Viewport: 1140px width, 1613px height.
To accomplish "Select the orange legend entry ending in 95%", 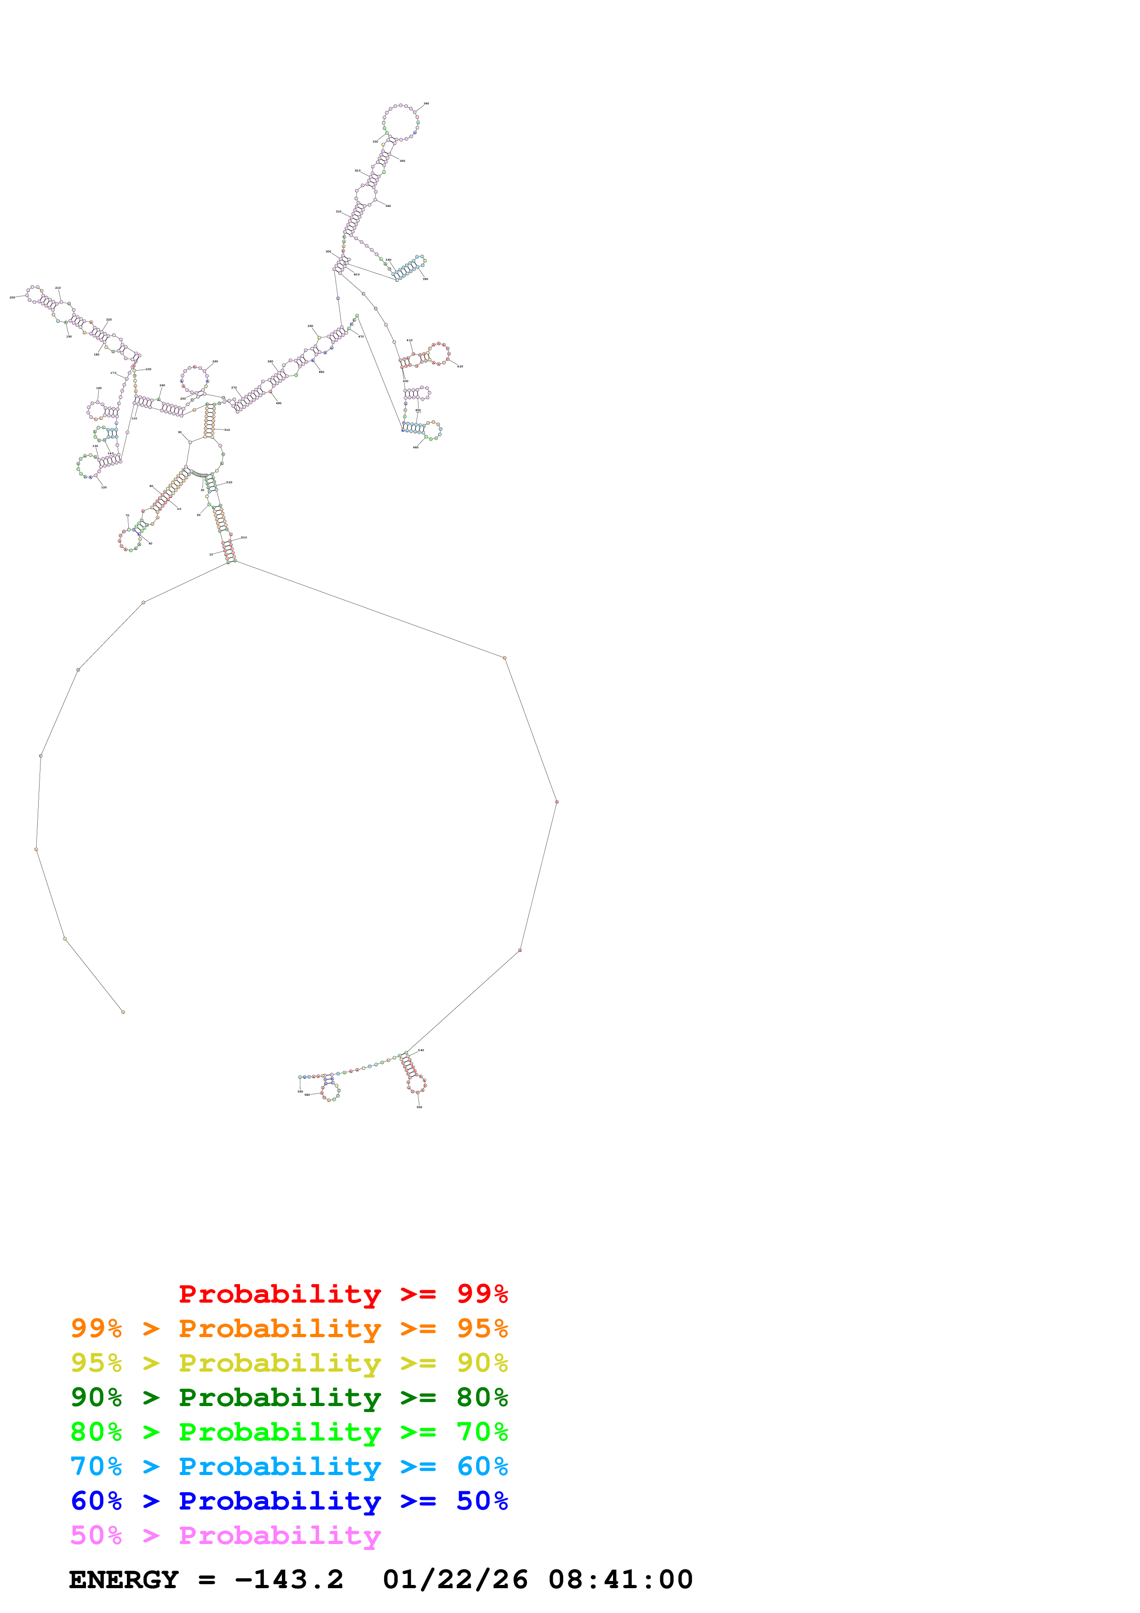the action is pos(289,1328).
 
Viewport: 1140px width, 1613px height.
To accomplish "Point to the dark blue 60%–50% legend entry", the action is pos(289,1501).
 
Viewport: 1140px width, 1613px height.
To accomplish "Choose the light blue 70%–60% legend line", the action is pos(289,1466).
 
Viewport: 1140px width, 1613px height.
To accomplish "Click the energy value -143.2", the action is pos(289,1580).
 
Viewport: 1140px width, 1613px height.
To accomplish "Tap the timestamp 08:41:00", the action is pos(620,1580).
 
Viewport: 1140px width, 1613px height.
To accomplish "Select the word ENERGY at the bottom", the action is pos(124,1580).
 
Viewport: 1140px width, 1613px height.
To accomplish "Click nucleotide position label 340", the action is pos(426,103).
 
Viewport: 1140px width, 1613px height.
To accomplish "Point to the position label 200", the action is pos(12,297).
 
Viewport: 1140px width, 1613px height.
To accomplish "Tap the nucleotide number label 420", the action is pos(460,366).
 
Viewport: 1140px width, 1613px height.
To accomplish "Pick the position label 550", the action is pos(419,1107).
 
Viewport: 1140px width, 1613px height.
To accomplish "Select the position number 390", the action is pos(425,279).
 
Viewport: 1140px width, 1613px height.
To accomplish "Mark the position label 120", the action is pos(104,487).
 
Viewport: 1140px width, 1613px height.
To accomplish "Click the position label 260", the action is pos(215,361).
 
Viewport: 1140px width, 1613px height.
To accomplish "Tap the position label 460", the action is pos(416,447).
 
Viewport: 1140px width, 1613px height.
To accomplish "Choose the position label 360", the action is pos(388,206).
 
